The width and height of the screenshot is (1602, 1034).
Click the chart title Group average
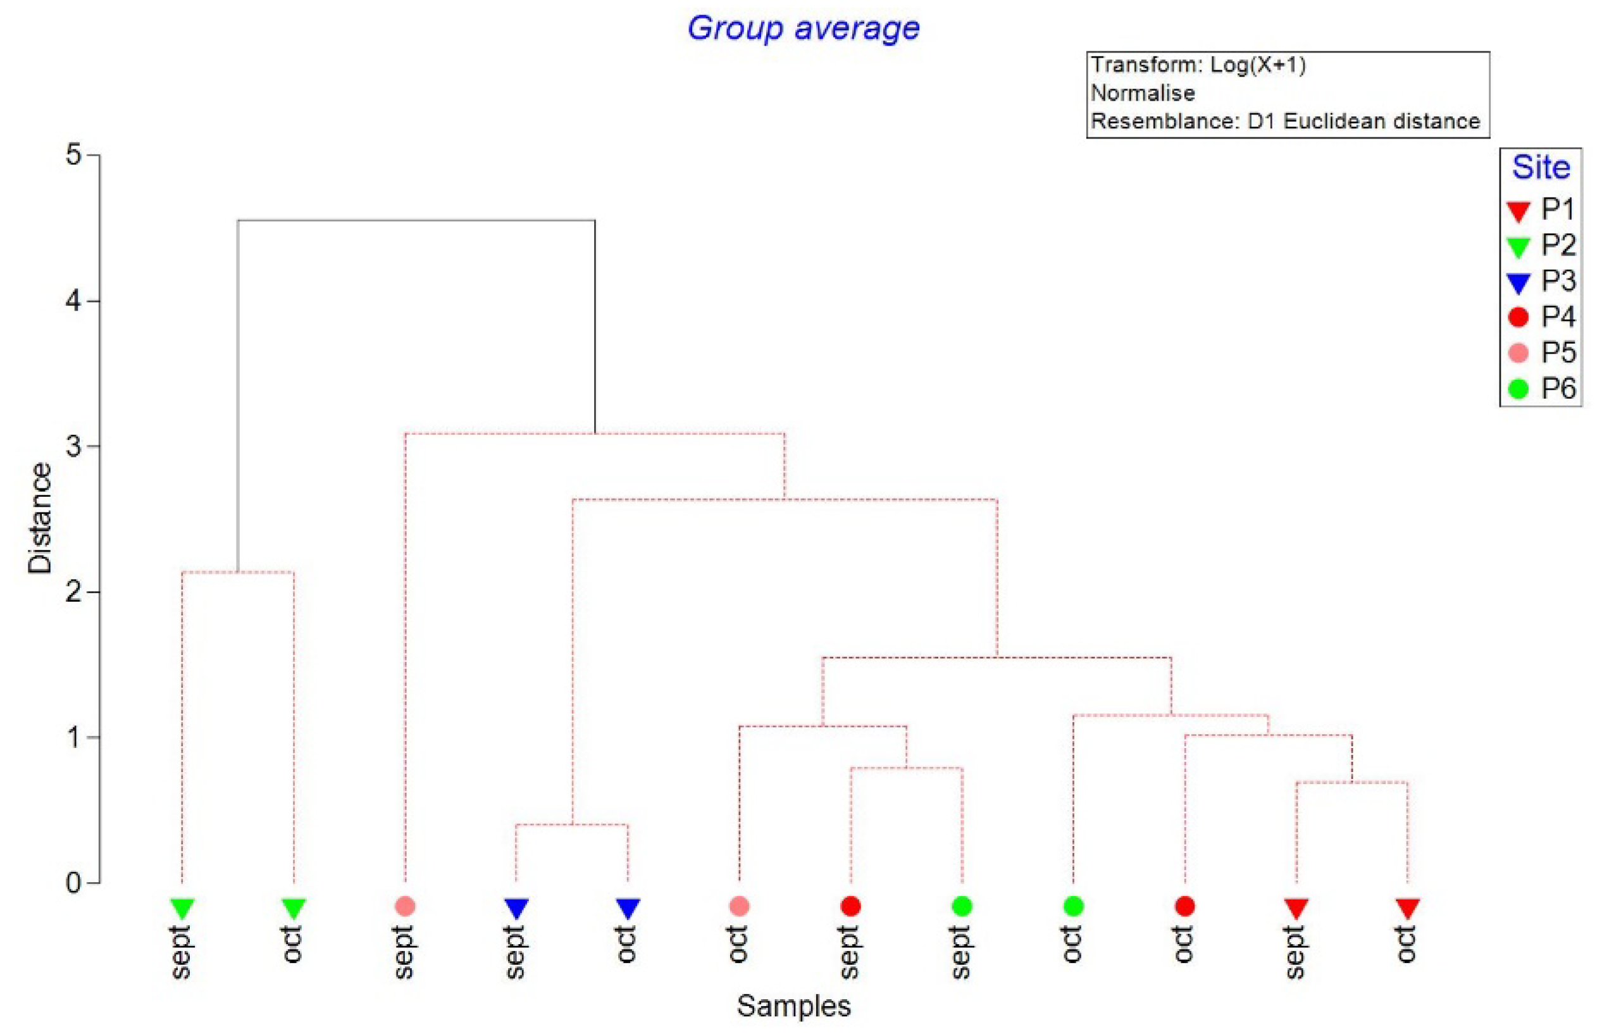pos(803,28)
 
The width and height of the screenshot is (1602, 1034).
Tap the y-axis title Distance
pos(40,518)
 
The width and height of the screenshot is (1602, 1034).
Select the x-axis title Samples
pos(793,1006)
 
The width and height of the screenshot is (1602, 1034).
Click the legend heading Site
pos(1540,167)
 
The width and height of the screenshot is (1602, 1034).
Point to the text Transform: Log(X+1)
pos(1197,65)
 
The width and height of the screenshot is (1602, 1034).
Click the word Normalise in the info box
pos(1142,92)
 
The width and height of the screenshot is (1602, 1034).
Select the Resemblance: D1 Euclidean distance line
pos(1284,121)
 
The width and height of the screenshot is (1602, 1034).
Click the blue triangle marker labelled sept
pos(516,908)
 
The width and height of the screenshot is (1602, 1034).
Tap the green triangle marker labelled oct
pos(294,908)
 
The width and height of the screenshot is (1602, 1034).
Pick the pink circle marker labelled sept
pos(405,906)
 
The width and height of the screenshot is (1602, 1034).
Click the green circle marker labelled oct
pos(1072,906)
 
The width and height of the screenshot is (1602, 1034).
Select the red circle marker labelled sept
pos(850,906)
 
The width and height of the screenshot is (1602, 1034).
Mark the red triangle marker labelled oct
pos(1406,908)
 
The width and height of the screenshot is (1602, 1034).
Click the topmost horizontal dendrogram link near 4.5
pos(416,220)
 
